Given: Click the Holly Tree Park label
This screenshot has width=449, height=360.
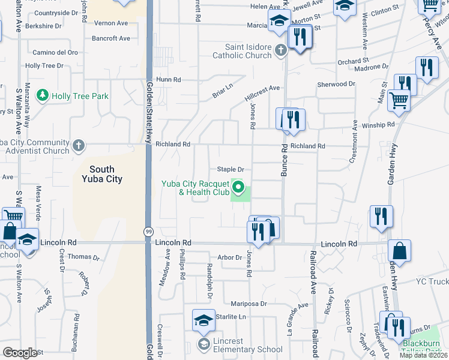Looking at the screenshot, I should [80, 96].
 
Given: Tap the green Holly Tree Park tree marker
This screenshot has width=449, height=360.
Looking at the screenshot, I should [43, 95].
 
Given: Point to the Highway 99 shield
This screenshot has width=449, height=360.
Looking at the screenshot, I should [148, 231].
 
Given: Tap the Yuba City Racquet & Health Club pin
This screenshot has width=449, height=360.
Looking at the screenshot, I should [239, 187].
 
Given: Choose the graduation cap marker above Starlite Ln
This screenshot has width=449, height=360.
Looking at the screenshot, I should [203, 320].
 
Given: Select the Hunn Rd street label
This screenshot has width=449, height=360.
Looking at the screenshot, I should [169, 80].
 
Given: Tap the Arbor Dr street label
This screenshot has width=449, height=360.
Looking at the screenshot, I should [229, 257].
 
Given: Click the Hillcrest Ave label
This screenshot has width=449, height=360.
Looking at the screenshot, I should [262, 89].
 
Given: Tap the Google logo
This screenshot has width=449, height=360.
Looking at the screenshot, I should [20, 353].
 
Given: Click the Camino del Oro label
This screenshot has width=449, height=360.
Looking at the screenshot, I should [55, 53].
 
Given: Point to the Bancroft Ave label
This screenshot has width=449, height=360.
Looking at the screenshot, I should [111, 38].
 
